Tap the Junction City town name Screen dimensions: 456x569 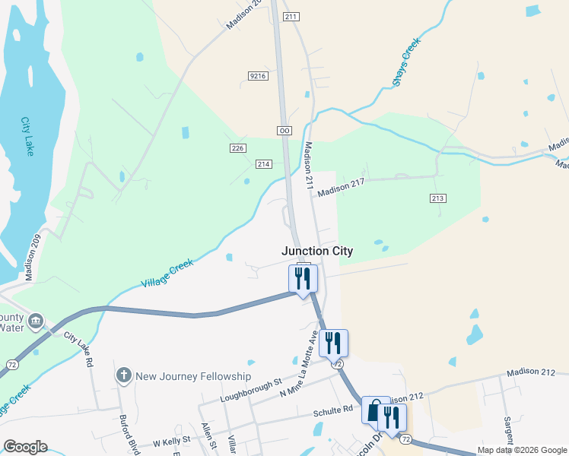tap(317, 251)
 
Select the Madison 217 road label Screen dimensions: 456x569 tap(342, 188)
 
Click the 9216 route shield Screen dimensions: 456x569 tap(258, 76)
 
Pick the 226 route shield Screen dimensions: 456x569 tap(238, 147)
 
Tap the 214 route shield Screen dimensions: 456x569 tap(264, 164)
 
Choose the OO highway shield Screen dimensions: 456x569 tap(284, 131)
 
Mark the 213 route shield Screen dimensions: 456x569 tap(437, 199)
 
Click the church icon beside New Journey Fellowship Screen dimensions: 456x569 tap(123, 375)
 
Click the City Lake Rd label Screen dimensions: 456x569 tap(78, 349)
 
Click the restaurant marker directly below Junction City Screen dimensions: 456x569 tap(303, 278)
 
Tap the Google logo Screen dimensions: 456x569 tap(25, 447)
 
